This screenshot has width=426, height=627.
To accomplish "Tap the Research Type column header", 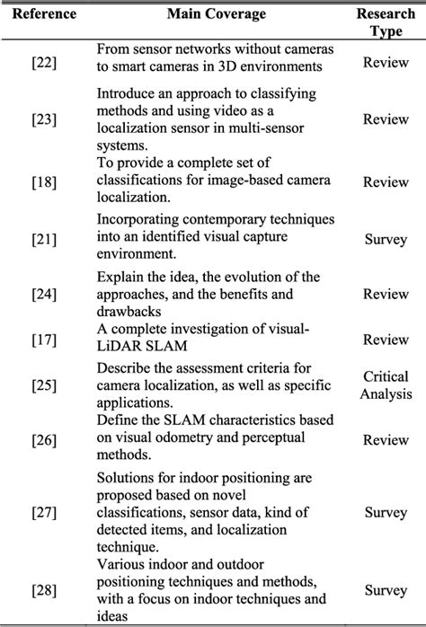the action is tap(386, 22).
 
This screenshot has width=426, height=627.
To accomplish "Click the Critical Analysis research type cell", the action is tap(386, 384).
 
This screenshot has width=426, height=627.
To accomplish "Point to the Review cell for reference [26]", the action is tap(386, 441).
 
